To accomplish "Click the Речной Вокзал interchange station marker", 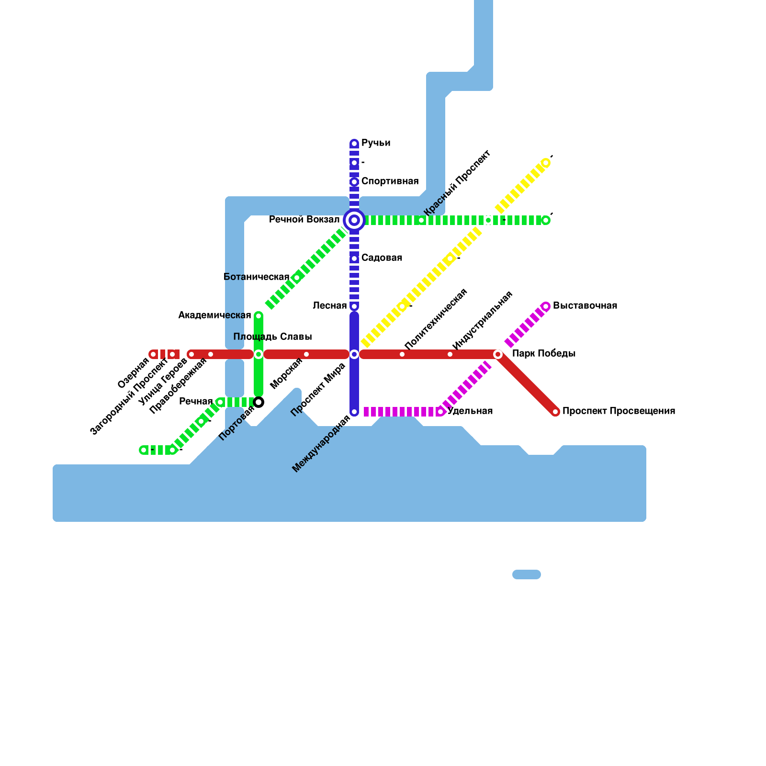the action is click(354, 220).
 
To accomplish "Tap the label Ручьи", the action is click(375, 143).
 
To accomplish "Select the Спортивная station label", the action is click(390, 181).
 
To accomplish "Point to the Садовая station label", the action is click(382, 258).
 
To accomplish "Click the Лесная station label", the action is click(329, 306).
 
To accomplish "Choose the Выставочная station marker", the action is click(546, 306).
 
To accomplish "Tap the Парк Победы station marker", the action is click(498, 354).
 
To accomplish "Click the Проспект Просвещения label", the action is click(619, 411).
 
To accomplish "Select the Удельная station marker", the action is click(440, 412).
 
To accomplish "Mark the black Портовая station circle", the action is click(259, 402).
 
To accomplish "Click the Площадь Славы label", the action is click(272, 337).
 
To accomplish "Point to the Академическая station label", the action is click(214, 315).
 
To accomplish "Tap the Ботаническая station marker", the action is click(297, 278).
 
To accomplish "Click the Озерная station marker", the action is click(153, 354).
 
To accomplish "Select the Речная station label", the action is click(196, 402).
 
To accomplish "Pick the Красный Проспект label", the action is click(457, 183).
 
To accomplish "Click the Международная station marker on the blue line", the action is click(354, 412).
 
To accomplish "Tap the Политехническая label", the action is click(435, 319).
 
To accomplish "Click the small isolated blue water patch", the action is click(527, 574).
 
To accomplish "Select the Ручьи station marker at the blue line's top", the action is click(354, 144).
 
